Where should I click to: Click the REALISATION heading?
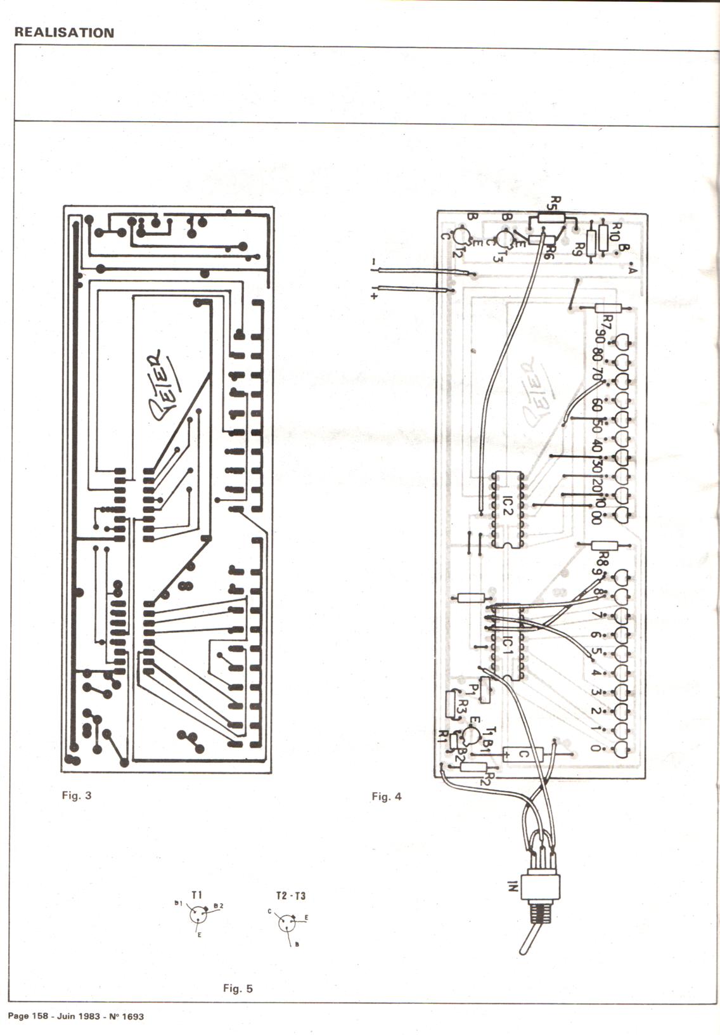coord(64,33)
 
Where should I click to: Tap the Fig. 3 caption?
coord(77,795)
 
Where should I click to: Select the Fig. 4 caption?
coord(387,797)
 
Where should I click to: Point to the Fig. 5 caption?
coord(238,988)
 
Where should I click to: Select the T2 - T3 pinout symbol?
coord(288,923)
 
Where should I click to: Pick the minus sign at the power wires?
coord(374,261)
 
